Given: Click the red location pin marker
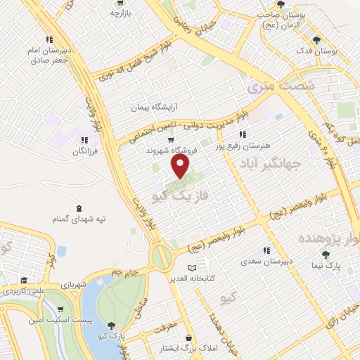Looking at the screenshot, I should (181, 166).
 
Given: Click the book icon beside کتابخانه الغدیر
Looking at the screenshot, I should (194, 268).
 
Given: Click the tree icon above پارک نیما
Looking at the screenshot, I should (325, 254).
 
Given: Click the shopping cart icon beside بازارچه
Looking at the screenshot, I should (117, 13).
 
